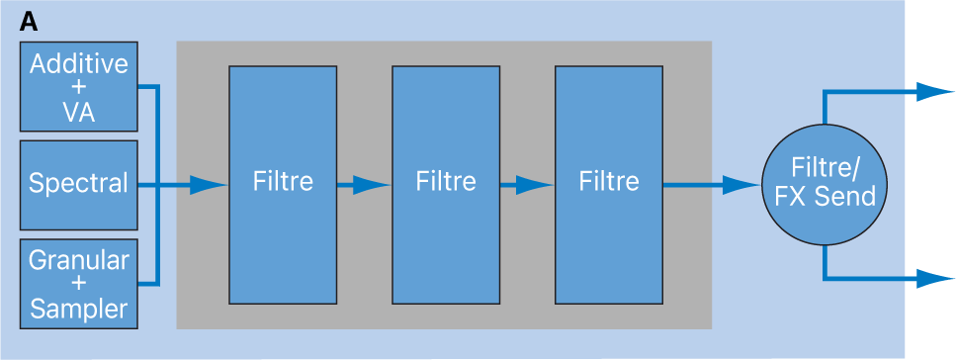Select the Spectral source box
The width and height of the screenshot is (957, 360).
point(78,184)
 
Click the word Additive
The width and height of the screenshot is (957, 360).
point(78,63)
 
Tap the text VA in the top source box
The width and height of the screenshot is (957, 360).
point(78,113)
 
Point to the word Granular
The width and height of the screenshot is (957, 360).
point(78,260)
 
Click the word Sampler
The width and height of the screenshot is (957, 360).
point(78,309)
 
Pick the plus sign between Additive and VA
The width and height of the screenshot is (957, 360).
point(78,88)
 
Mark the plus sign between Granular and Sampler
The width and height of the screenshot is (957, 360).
point(78,285)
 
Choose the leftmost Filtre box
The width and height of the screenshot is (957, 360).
point(283,184)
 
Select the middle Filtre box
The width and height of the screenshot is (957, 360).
point(446,184)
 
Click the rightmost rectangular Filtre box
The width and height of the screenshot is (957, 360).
point(608,184)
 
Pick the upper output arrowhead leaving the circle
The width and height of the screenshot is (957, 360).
point(935,92)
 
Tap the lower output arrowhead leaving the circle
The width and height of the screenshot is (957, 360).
point(935,278)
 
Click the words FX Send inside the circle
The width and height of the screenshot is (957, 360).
point(825,197)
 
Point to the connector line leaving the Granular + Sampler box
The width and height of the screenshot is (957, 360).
point(148,284)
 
